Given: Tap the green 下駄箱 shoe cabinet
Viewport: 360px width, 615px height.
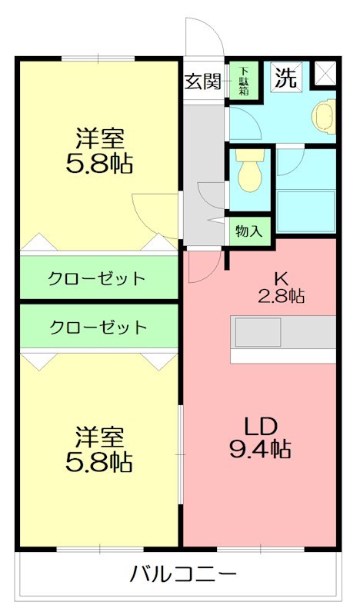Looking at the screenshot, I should (243, 81).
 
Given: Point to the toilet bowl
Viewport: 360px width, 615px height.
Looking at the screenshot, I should (248, 171).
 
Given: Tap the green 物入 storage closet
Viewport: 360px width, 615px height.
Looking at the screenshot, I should (249, 230).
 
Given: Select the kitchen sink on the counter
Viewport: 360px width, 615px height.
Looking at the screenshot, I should (258, 332).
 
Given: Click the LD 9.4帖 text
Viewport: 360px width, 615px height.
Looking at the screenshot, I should (260, 438).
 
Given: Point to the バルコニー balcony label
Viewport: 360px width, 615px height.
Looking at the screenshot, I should (182, 574).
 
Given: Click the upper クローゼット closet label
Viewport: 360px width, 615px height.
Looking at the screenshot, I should (97, 278).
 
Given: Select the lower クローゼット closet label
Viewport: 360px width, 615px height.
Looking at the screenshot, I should (98, 327).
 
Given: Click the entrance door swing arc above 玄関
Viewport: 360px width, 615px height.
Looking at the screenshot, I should (198, 37).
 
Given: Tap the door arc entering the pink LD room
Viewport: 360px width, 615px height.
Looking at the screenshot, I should (198, 265).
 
